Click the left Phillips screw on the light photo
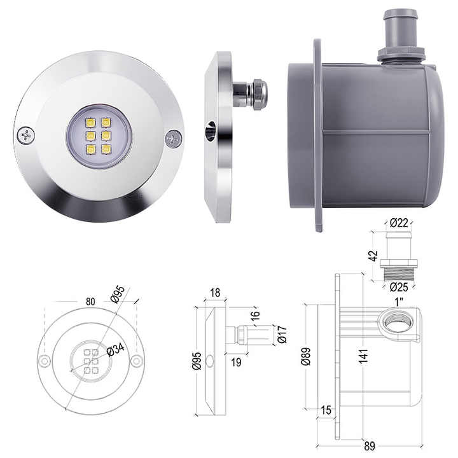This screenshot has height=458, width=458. click(x=26, y=135)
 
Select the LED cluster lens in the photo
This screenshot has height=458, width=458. click(x=99, y=136)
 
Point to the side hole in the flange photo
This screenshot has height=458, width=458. click(x=211, y=133)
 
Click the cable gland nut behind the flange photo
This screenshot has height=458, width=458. click(x=259, y=94)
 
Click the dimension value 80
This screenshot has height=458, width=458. click(x=90, y=302)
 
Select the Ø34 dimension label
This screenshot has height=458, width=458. click(x=114, y=350)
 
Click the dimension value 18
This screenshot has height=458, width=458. click(x=215, y=293)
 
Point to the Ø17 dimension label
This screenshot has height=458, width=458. click(x=282, y=335)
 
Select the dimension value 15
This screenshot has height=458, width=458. click(x=326, y=412)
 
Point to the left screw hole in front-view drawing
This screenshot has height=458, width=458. click(x=44, y=361)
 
